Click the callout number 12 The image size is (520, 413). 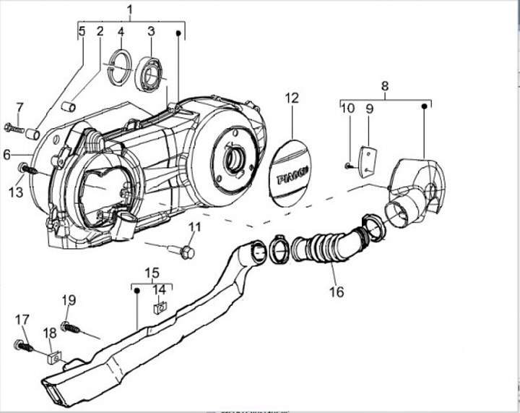tap(291, 98)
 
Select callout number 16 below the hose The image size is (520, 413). tap(336, 291)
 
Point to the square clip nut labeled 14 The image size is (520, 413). tap(160, 308)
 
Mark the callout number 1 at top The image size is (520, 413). tap(130, 10)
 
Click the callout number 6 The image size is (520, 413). tap(6, 154)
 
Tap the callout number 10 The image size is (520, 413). tap(348, 108)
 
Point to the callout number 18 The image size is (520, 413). tap(49, 333)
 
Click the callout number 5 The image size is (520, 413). tap(82, 31)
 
